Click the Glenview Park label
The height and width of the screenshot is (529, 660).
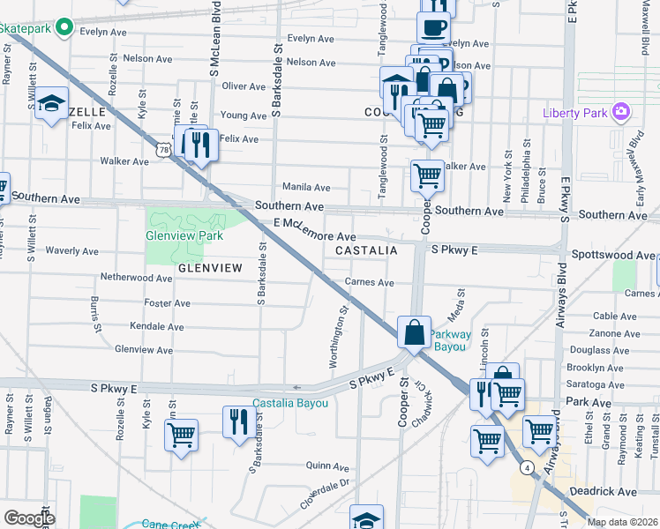(x=184, y=235)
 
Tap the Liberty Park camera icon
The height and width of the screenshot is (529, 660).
(x=622, y=112)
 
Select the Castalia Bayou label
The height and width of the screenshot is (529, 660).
(x=290, y=403)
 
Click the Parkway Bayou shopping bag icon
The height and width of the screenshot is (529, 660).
(x=414, y=332)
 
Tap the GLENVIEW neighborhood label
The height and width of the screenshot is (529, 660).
(x=210, y=267)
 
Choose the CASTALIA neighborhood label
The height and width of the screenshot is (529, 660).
(x=365, y=250)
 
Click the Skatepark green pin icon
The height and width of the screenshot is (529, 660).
(x=64, y=28)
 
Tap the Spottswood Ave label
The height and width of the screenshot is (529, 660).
(x=621, y=255)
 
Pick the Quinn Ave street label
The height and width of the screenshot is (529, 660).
(x=328, y=466)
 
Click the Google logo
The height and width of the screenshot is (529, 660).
(x=29, y=518)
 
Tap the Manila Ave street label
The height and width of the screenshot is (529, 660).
(x=305, y=187)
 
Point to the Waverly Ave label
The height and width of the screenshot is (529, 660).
(x=71, y=250)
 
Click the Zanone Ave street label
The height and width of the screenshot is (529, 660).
(x=615, y=333)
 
